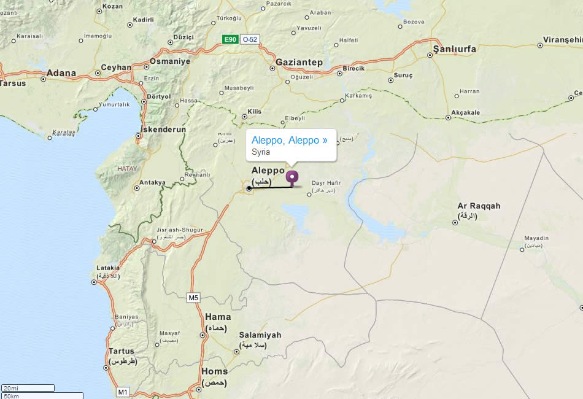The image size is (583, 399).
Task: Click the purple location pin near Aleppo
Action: tap(292, 177)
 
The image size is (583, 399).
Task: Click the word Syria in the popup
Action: tap(261, 152)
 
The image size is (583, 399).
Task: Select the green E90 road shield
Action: tap(230, 40)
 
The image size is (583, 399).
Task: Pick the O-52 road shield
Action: tap(249, 40)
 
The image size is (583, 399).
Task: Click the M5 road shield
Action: tap(193, 298)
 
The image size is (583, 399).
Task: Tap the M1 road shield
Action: tap(123, 392)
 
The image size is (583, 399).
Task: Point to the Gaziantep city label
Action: tap(299, 63)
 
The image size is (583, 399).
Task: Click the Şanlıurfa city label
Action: tap(455, 48)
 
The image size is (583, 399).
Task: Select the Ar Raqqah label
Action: tap(479, 206)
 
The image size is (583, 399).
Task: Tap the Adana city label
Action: tap(61, 73)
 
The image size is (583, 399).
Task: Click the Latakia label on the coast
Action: tap(109, 268)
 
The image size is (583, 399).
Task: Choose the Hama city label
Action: tap(218, 317)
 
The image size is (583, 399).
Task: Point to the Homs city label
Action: tap(214, 371)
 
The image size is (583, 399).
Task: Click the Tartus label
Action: tap(121, 351)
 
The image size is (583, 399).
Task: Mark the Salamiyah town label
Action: tap(260, 335)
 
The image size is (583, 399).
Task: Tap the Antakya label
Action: tap(153, 182)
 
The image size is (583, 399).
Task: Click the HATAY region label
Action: tap(128, 168)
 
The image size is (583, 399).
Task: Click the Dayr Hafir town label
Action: tap(326, 183)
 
